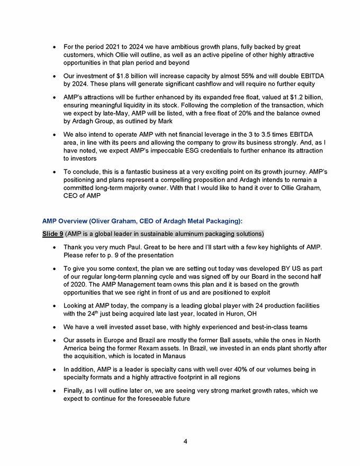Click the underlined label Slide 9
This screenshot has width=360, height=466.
coord(52,234)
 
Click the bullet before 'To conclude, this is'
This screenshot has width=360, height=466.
coord(56,172)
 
